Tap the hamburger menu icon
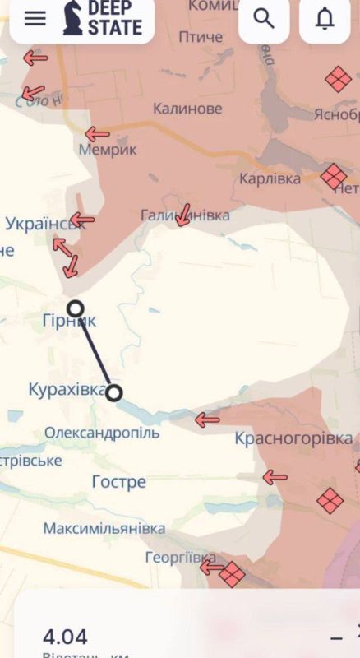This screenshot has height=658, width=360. tap(35, 18)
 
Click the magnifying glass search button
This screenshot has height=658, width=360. tap(264, 18)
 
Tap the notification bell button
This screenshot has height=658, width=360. tap(325, 18)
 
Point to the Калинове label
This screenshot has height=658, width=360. tap(187, 109)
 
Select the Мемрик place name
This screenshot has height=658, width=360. tap(107, 151)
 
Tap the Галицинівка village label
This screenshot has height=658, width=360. tap(185, 215)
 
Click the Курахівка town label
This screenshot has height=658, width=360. tap(66, 389)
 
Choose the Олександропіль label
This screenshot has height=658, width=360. tap(102, 433)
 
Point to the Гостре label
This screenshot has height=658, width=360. tap(118, 482)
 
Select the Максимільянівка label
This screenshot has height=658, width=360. tap(104, 528)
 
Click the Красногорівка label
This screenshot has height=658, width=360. tap(293, 438)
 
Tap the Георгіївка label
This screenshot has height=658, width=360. tap(179, 558)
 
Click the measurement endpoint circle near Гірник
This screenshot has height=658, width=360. tap(75, 308)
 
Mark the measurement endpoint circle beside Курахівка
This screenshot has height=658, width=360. tap(114, 393)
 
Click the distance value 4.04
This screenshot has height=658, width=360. tap(65, 636)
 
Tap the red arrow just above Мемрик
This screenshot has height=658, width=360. tap(97, 133)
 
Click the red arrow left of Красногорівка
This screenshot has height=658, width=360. tap(207, 419)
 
